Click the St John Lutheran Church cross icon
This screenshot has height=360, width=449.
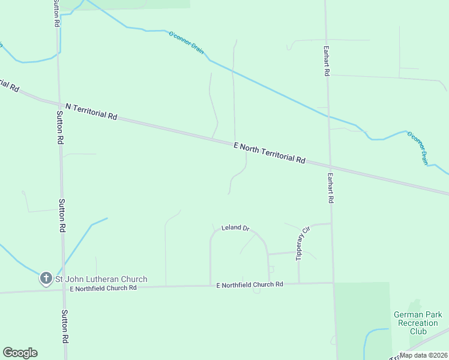46,278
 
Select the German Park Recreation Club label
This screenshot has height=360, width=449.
418,323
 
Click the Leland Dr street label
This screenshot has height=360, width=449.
235,228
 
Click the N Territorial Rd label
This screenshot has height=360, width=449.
91,110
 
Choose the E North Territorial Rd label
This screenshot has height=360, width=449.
270,152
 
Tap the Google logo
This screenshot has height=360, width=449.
20,353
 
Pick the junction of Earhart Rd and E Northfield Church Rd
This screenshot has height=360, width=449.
333,283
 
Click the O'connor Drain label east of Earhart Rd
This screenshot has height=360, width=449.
418,148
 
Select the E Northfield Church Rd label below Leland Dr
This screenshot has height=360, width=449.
249,284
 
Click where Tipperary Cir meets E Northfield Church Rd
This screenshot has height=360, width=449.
299,283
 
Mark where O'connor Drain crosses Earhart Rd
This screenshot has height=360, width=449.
328,116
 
